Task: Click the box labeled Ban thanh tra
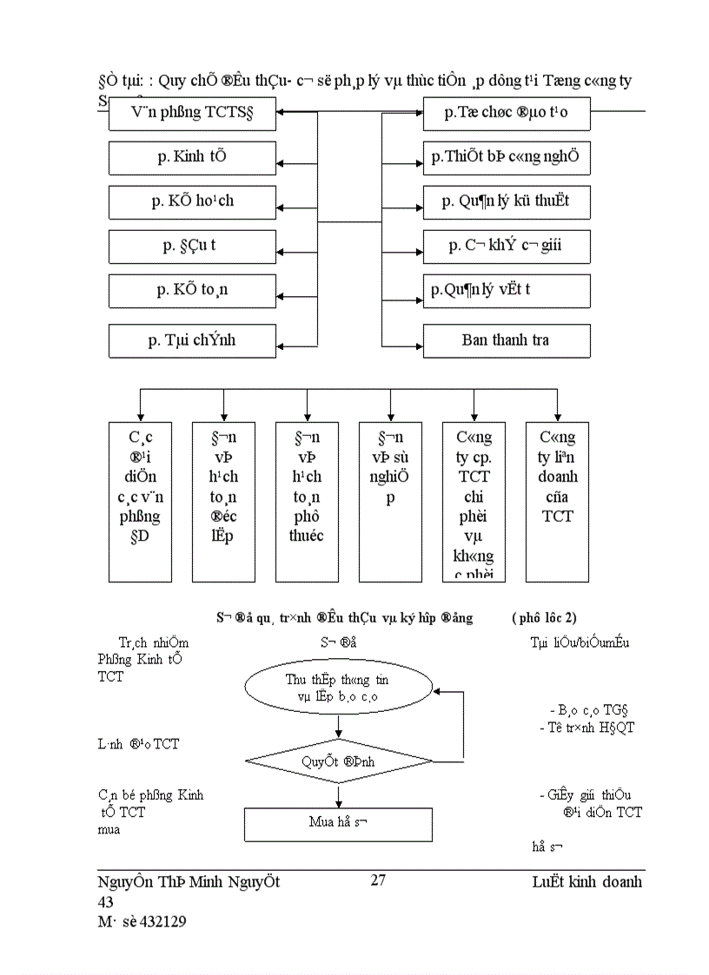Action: click(x=507, y=340)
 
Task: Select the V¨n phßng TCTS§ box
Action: click(x=192, y=113)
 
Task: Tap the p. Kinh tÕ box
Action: click(x=192, y=157)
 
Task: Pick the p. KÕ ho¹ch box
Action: click(x=192, y=201)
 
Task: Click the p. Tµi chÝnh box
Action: click(x=192, y=340)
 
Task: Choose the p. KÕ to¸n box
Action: click(x=192, y=290)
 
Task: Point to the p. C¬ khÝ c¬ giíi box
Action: click(x=507, y=246)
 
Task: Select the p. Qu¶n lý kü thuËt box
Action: click(x=507, y=201)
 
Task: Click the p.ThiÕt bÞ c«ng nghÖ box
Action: click(x=507, y=157)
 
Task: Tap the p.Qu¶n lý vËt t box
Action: click(x=507, y=290)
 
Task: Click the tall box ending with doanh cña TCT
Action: click(x=557, y=501)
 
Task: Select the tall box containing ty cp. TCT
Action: click(x=474, y=501)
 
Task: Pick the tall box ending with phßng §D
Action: click(x=140, y=501)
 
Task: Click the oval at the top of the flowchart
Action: click(x=338, y=688)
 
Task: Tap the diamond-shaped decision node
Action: click(x=338, y=761)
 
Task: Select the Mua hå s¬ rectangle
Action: click(x=338, y=823)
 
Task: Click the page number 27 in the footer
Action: click(x=378, y=880)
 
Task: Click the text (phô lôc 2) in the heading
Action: click(x=544, y=617)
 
